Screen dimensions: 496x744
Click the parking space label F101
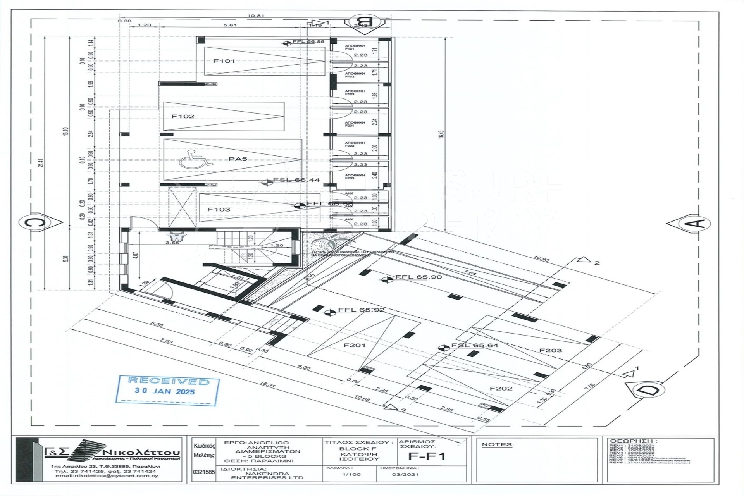pyautogui.click(x=224, y=61)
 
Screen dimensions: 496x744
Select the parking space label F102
pyautogui.click(x=183, y=116)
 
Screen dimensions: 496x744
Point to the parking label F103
pyautogui.click(x=219, y=210)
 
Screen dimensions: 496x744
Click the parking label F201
pyautogui.click(x=354, y=345)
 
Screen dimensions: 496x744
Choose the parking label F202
pyautogui.click(x=501, y=389)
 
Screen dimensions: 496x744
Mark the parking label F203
pyautogui.click(x=550, y=351)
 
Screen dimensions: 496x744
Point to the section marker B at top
pyautogui.click(x=366, y=22)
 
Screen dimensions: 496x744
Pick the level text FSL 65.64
pyautogui.click(x=474, y=345)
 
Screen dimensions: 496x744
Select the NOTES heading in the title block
pyautogui.click(x=497, y=445)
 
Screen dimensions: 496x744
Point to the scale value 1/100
pyautogui.click(x=352, y=474)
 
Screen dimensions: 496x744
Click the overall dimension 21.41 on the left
pyautogui.click(x=41, y=163)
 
